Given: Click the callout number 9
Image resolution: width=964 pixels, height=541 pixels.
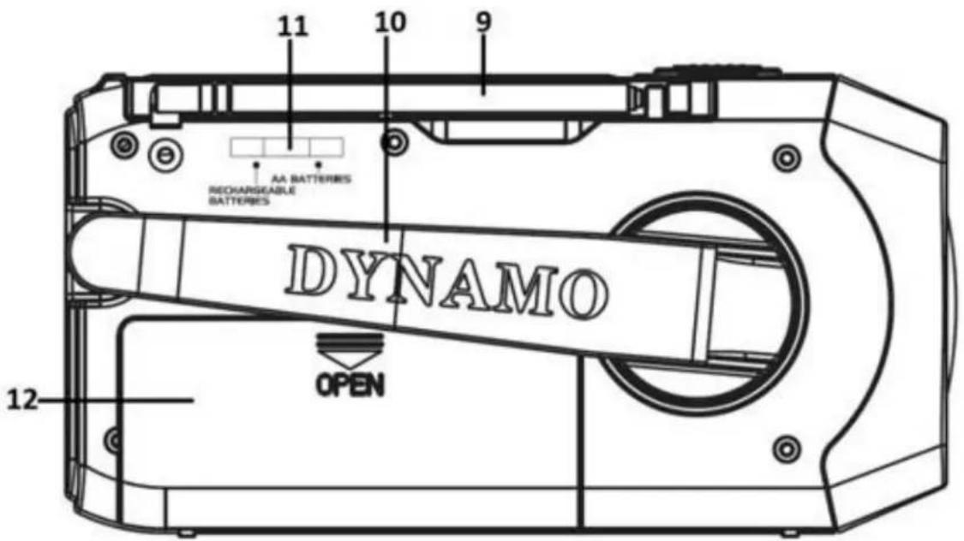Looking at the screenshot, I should pyautogui.click(x=484, y=21).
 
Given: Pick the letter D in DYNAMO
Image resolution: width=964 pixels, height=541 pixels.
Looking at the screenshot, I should pyautogui.click(x=309, y=270).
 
